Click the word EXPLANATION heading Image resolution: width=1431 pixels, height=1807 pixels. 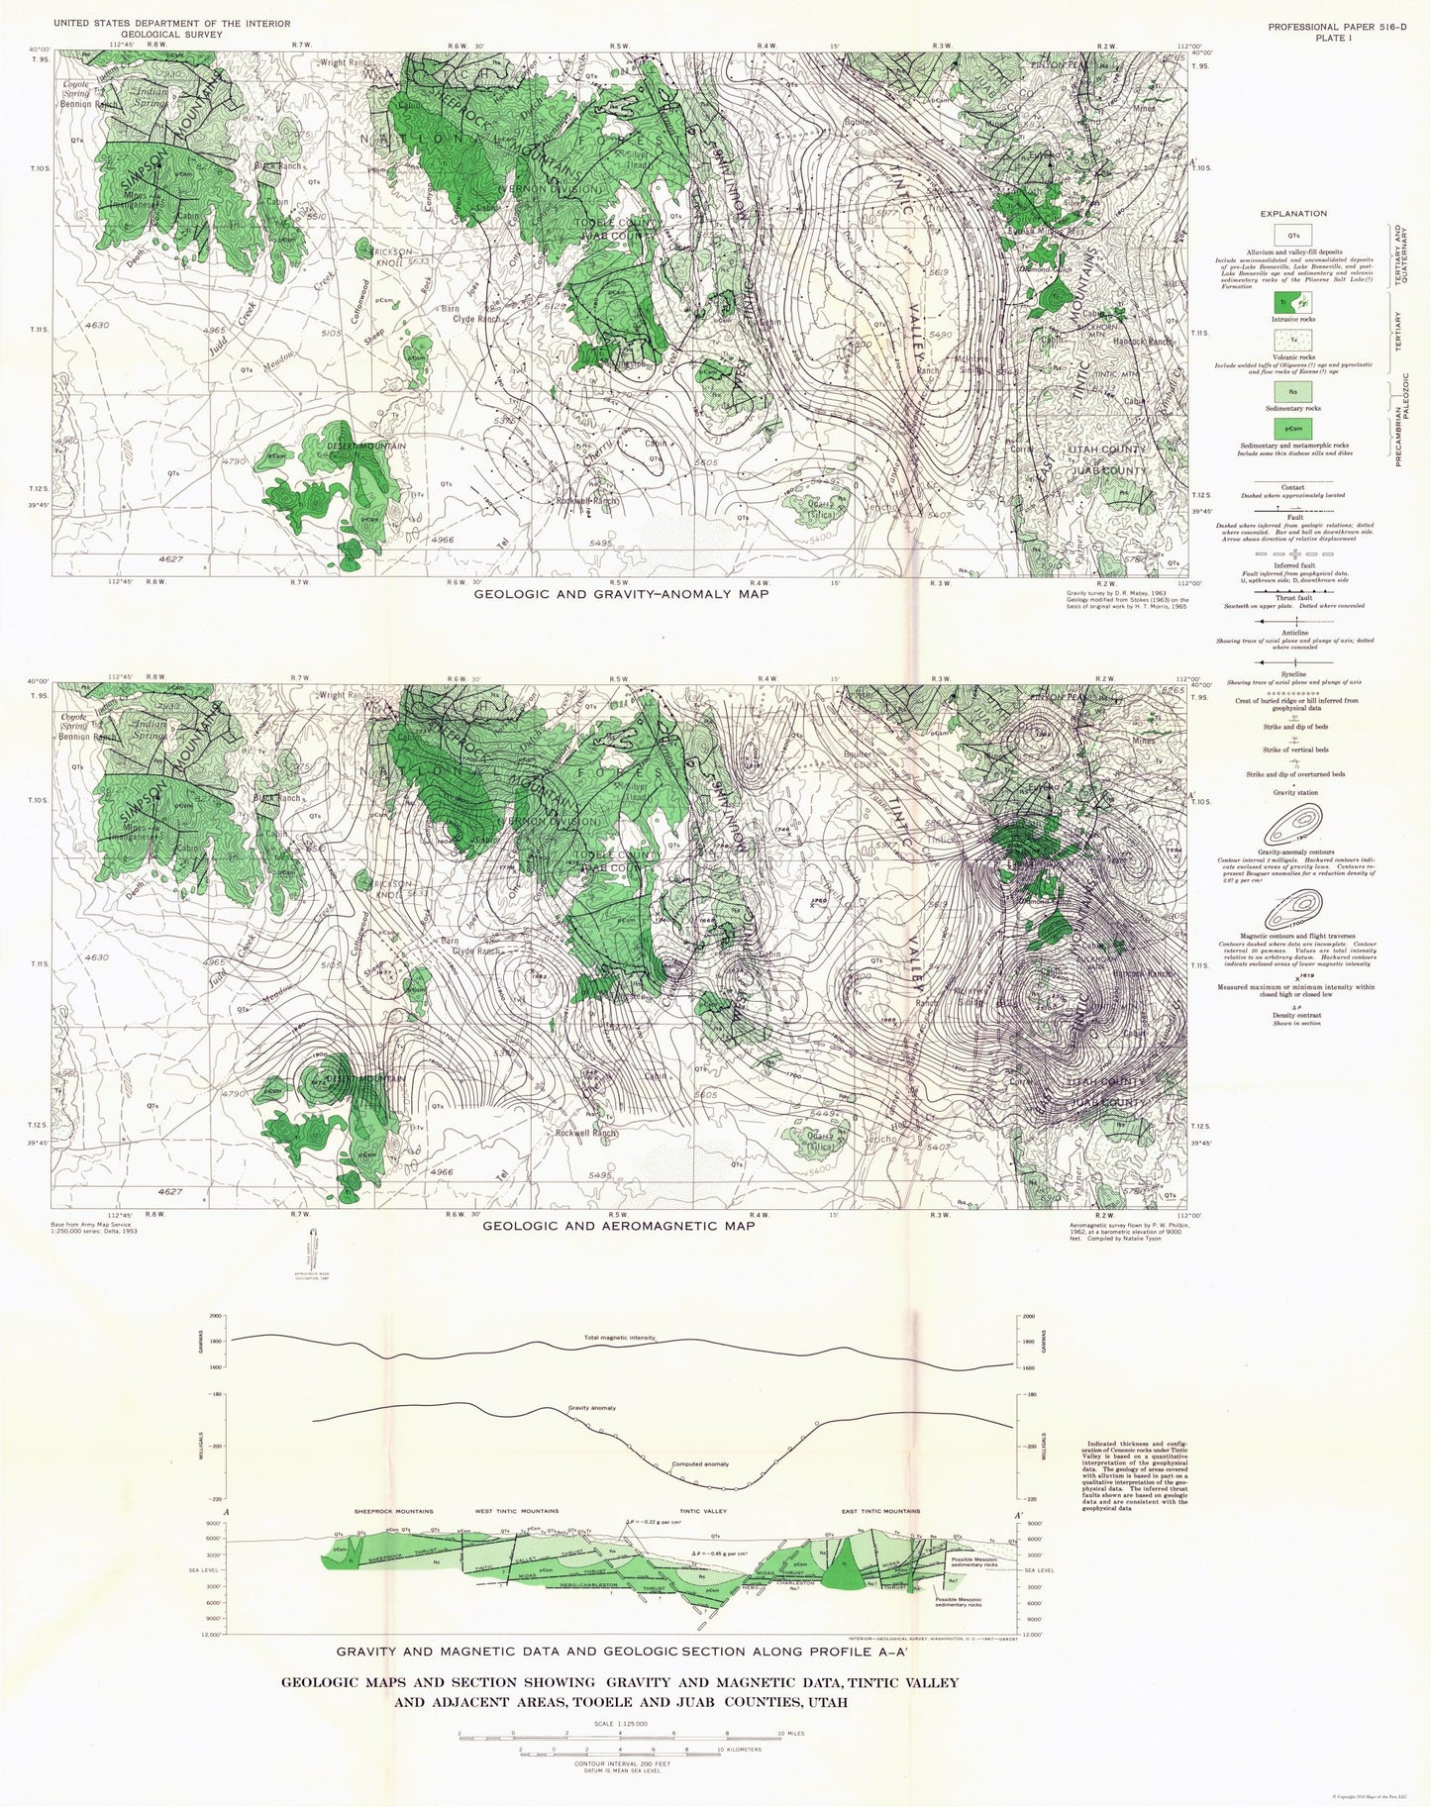(x=1293, y=214)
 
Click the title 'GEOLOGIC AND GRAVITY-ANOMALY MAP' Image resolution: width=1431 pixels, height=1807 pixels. (x=622, y=594)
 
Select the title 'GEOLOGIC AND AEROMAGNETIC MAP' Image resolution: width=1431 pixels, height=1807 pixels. (x=618, y=1226)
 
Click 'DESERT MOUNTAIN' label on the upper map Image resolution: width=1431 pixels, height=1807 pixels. (x=367, y=447)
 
